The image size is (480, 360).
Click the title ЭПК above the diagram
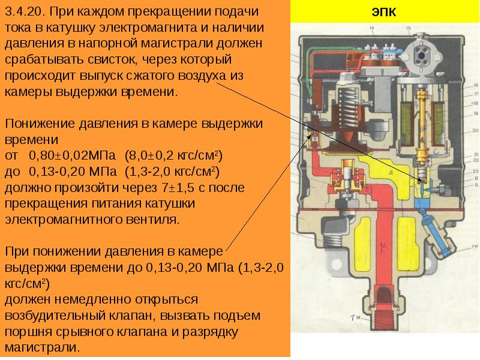[384, 13]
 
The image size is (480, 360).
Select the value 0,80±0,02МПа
[74, 156]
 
